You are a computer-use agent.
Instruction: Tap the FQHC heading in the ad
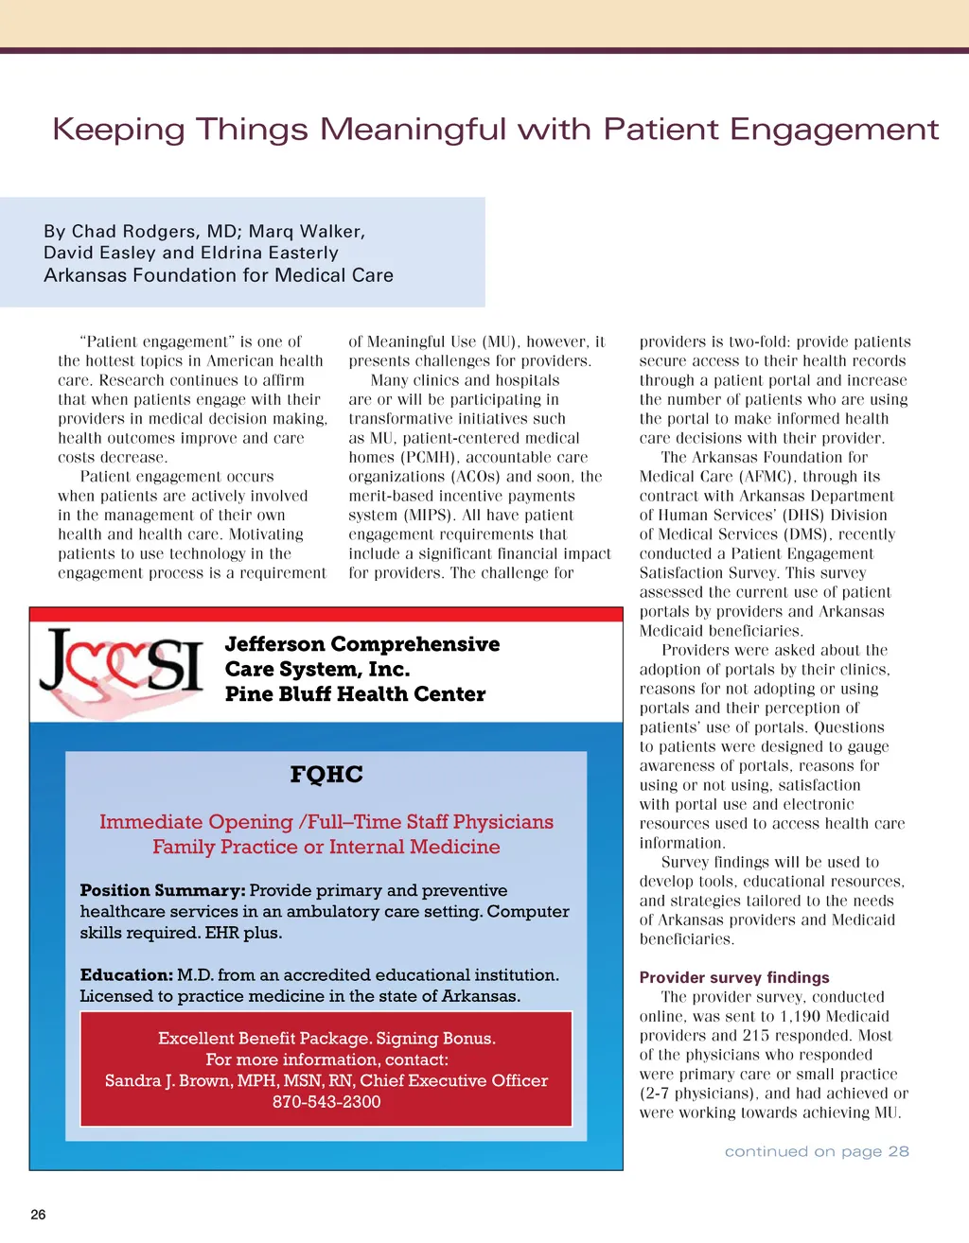326,775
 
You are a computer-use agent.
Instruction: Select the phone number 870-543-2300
326,1102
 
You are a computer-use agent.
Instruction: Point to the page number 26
38,1215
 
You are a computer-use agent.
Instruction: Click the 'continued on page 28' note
817,1151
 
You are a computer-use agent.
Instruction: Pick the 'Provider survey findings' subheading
734,977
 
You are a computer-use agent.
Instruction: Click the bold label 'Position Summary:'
163,890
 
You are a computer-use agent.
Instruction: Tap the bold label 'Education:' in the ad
126,974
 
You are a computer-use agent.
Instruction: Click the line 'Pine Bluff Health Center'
355,694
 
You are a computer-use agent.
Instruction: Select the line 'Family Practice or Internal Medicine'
326,847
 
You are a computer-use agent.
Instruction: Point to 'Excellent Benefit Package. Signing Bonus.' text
326,1038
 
